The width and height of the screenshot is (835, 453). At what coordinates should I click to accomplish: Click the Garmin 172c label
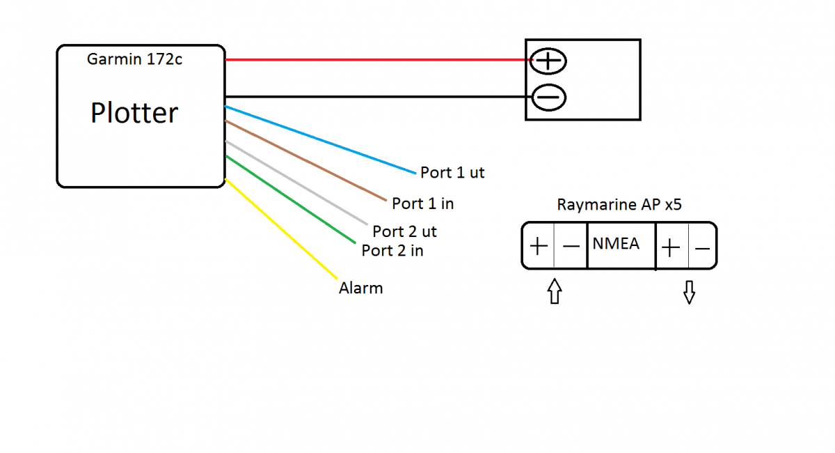point(134,59)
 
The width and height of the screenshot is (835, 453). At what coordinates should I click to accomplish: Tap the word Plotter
point(134,113)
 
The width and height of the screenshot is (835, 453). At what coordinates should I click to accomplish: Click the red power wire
point(376,60)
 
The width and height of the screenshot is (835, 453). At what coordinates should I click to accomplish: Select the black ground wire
point(376,97)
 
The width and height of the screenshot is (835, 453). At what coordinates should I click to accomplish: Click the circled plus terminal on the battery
point(549,61)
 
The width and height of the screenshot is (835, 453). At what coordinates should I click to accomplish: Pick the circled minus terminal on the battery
point(549,98)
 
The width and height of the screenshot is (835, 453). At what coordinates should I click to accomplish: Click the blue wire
point(320,139)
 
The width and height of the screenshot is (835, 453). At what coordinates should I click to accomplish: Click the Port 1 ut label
point(452,173)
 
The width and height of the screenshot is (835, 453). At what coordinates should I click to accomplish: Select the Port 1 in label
point(422,204)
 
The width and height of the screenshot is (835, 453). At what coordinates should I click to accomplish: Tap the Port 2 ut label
point(404,231)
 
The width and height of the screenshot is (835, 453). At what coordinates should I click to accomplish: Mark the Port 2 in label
point(392,251)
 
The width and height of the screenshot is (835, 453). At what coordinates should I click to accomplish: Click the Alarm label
point(360,288)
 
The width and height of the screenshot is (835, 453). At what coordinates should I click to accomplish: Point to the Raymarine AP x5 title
point(619,206)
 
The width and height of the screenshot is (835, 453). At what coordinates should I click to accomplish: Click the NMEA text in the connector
point(616,245)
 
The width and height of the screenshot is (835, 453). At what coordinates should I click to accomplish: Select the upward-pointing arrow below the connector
point(554,291)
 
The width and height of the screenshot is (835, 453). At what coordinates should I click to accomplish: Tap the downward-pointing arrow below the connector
point(689,293)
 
